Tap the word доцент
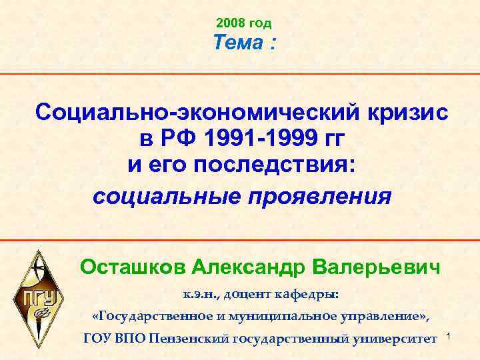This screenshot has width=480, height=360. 250,293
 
